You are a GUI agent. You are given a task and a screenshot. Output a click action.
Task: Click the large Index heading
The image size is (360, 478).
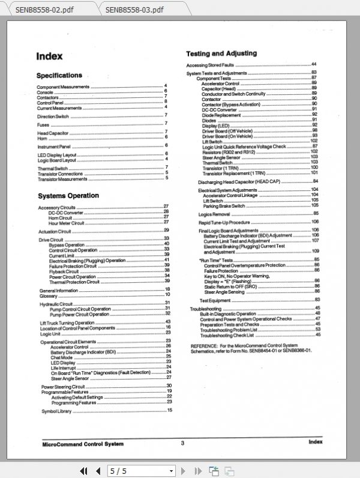click(49, 56)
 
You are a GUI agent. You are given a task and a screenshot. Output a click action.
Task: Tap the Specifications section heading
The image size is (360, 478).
click(59, 76)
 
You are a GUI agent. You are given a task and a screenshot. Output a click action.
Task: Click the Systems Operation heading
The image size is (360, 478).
click(68, 196)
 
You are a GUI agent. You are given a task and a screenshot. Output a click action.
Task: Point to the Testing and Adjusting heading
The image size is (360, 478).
click(221, 53)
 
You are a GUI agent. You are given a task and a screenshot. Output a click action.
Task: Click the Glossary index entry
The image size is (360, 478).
click(49, 295)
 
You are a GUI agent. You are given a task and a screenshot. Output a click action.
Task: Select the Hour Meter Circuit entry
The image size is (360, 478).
click(67, 222)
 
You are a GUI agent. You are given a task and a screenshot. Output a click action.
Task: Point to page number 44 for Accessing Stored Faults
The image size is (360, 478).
click(313, 64)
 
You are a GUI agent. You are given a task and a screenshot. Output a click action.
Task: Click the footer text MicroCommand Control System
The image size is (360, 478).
click(83, 444)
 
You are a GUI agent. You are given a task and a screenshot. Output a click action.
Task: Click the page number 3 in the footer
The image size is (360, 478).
click(182, 443)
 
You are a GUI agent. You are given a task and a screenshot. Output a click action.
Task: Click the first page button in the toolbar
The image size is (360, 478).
click(84, 471)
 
